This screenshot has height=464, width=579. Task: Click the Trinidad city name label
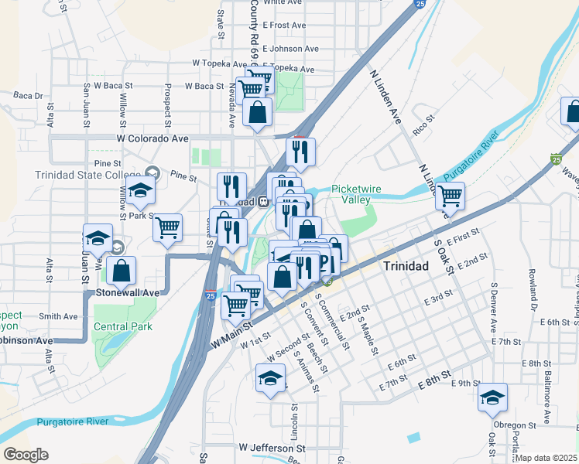[406, 265]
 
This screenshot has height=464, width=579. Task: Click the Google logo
[26, 455]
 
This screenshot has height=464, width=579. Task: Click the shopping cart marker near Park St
[167, 227]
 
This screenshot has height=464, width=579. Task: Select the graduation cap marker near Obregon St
[492, 397]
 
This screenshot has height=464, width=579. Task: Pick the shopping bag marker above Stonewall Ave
[122, 271]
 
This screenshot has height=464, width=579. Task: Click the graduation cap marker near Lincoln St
[270, 378]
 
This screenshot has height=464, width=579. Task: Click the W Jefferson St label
[272, 448]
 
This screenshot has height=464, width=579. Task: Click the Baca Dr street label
[28, 96]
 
